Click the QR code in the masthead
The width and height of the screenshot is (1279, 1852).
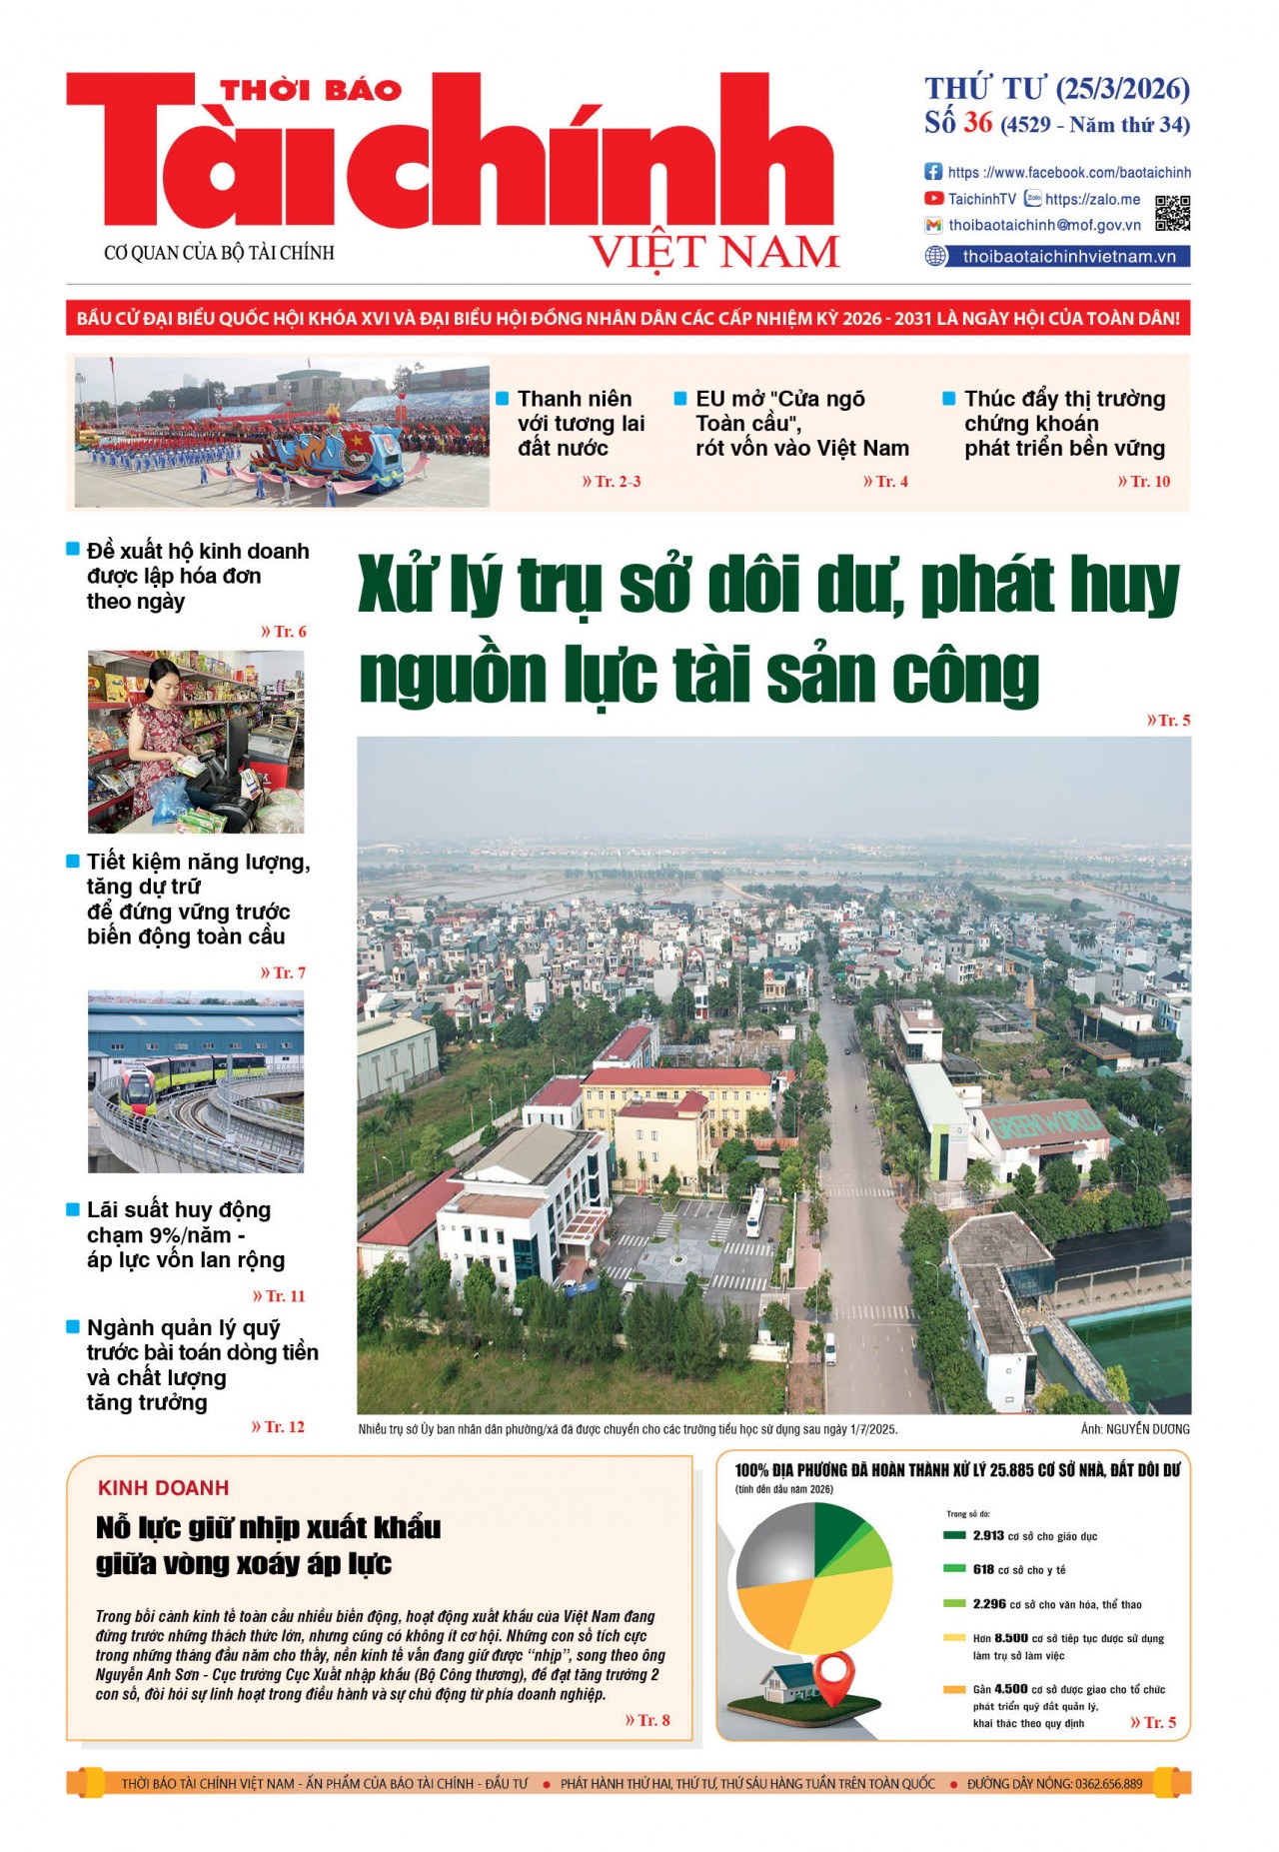[1172, 212]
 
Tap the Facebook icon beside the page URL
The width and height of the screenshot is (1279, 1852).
[933, 172]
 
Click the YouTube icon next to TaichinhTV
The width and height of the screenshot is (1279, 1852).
[933, 199]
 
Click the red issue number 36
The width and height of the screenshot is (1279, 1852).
[977, 123]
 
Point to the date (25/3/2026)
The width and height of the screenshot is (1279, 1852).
[1122, 89]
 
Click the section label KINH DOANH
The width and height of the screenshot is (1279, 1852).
[163, 1488]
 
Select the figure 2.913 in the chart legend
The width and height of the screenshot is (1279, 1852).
[988, 1536]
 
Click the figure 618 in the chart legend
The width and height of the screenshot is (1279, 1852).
[983, 1570]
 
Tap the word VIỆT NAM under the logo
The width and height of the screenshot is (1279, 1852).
[714, 252]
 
